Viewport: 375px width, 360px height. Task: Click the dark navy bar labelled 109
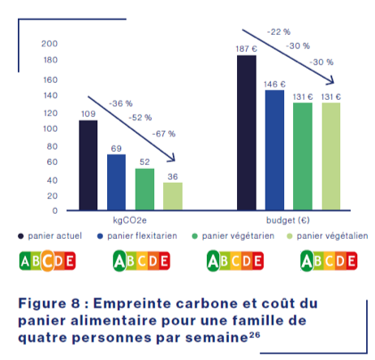click(88, 165)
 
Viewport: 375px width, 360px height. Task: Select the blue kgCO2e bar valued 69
click(116, 182)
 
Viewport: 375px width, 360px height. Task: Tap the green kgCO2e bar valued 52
click(144, 189)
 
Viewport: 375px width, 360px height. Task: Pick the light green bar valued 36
click(172, 196)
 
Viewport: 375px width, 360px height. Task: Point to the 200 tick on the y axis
click(50, 43)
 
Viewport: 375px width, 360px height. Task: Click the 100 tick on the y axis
click(50, 129)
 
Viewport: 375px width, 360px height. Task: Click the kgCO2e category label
click(130, 220)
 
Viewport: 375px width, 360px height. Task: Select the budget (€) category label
click(288, 220)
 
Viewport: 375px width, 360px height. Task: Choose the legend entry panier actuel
click(53, 236)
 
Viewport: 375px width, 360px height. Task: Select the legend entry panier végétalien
click(325, 236)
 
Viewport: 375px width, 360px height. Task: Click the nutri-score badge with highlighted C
click(46, 261)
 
